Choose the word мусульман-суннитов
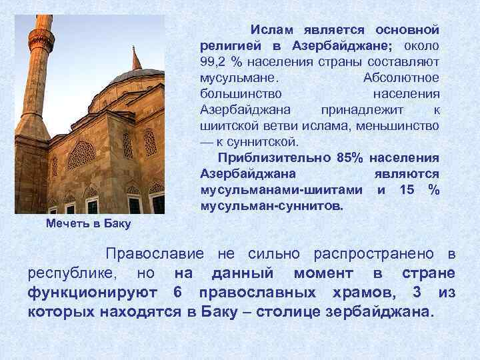(270, 206)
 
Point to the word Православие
(155, 255)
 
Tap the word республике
(73, 274)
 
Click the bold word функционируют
(93, 293)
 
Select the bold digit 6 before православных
(177, 293)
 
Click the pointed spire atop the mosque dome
(137, 59)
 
